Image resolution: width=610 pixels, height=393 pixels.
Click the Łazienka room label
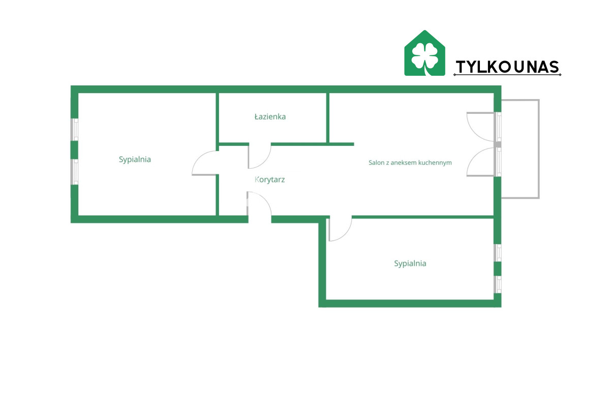coord(270,117)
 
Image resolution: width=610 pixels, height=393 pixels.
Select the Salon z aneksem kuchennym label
coord(410,163)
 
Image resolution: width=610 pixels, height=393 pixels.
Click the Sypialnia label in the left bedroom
coord(135,159)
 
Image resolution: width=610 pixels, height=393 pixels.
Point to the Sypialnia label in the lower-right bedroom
coord(410,263)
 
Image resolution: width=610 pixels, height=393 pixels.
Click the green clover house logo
coord(424,53)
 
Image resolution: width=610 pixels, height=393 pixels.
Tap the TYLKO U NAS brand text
coord(507,67)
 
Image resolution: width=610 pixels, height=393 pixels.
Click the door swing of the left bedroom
coord(204,164)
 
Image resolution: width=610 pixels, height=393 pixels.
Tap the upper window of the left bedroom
coord(75,129)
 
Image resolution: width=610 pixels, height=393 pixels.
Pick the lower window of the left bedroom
coord(75,172)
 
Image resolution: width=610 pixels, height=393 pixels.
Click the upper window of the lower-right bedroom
coord(498,253)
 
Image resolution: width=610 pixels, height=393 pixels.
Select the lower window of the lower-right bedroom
coord(498,284)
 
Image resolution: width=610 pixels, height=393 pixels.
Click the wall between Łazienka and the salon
coord(328,117)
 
